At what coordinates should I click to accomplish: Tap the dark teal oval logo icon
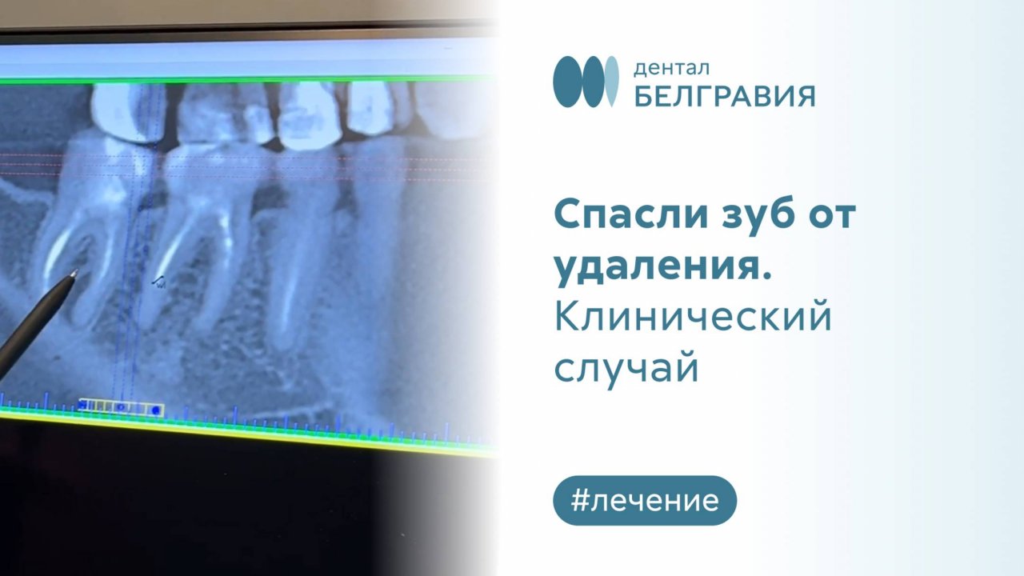pos(570,82)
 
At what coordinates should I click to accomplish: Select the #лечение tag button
pos(644,501)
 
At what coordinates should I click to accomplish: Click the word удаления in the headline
pos(658,268)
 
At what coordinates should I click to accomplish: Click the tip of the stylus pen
pos(75,273)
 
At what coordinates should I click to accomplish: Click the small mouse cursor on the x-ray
pos(159,281)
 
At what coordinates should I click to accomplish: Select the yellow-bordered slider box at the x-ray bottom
pos(122,409)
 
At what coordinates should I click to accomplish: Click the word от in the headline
pos(831,216)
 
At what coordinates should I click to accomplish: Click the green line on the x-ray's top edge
pos(240,78)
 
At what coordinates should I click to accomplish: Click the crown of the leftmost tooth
pos(120,112)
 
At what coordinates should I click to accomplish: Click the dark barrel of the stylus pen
pos(32,320)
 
